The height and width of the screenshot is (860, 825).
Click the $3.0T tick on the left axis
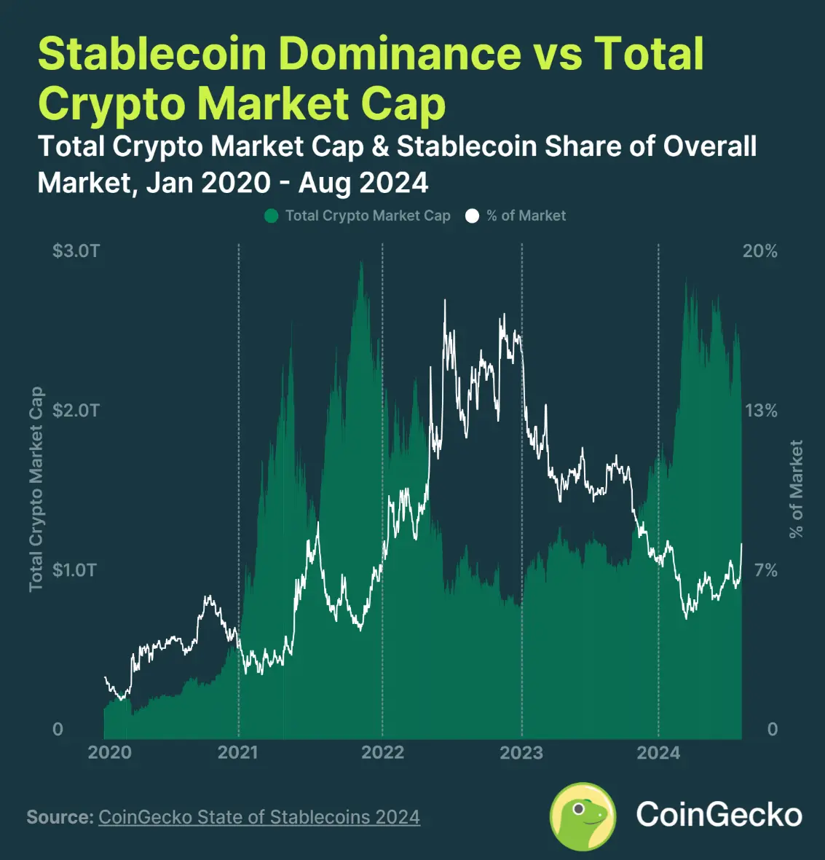[76, 251]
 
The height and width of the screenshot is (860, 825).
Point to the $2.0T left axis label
[76, 411]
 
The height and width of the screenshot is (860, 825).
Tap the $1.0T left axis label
[74, 569]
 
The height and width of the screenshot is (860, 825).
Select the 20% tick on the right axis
[759, 251]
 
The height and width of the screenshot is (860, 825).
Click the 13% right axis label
[760, 411]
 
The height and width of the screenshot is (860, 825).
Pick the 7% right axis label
[765, 569]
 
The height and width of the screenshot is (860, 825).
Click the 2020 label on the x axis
[110, 752]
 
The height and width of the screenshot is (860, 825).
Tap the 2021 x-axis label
[238, 752]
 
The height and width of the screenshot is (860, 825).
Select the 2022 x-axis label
[382, 752]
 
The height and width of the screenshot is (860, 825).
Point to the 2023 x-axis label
[521, 752]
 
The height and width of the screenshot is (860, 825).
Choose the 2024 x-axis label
[658, 752]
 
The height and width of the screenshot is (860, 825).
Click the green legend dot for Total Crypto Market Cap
[272, 216]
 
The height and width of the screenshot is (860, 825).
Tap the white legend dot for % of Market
[472, 216]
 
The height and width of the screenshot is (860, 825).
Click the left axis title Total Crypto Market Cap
[36, 489]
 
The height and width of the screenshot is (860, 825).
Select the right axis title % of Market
[796, 489]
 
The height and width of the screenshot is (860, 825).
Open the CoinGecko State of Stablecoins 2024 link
[259, 817]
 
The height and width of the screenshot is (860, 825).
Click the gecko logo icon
[583, 816]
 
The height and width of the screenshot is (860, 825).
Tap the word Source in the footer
[59, 817]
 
